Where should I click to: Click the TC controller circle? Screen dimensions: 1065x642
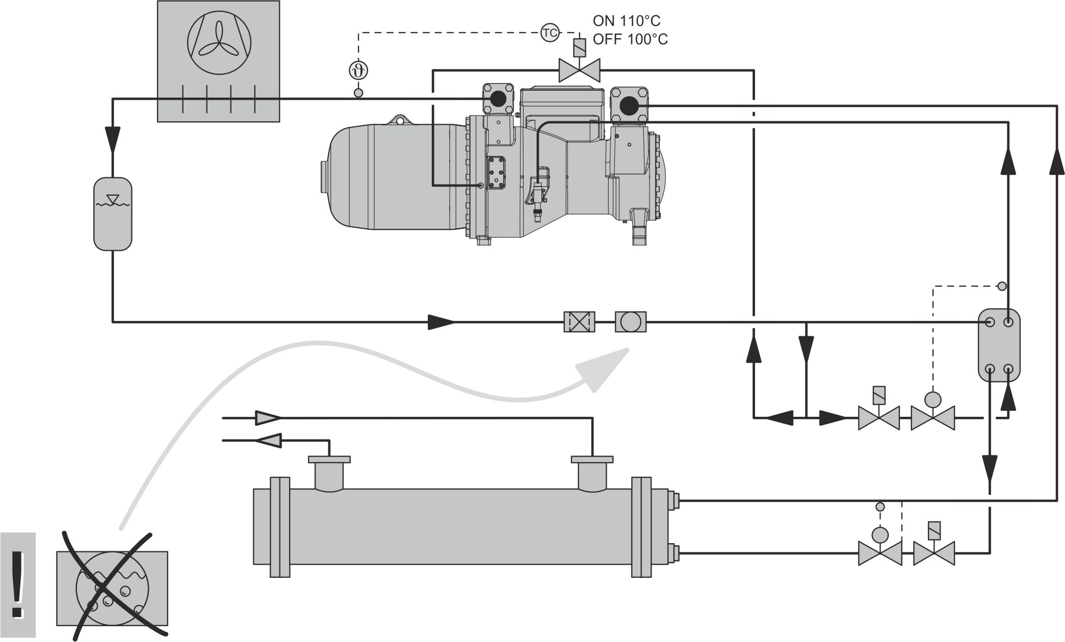(x=550, y=34)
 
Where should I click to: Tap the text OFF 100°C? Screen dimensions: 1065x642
(x=630, y=40)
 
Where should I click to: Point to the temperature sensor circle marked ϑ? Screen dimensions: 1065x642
(x=358, y=70)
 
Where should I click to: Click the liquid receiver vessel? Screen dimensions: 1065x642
(x=113, y=214)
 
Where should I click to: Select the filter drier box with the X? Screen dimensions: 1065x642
(x=579, y=322)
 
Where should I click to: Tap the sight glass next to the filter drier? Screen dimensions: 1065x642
(x=631, y=322)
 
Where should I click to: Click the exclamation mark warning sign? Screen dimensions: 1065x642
(x=18, y=584)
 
